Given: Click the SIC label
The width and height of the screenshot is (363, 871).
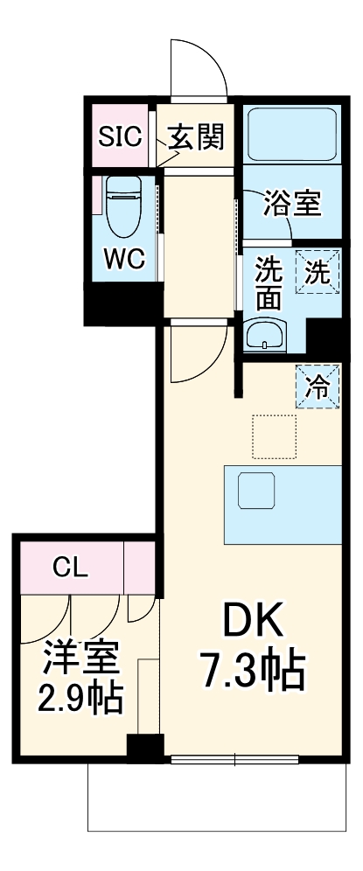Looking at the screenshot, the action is click(120, 136).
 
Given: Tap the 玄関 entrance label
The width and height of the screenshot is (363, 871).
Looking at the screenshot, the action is click(196, 136).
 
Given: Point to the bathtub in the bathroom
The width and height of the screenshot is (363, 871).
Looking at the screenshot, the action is click(292, 133).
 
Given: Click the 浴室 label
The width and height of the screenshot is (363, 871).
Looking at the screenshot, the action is click(292, 203).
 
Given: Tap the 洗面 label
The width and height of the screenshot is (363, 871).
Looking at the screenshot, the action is click(269, 284).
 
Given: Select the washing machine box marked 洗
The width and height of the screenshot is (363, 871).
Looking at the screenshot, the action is click(318, 272).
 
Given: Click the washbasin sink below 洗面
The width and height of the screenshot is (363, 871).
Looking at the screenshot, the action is click(265, 334).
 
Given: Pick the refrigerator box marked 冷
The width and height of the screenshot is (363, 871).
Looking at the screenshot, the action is click(318, 387).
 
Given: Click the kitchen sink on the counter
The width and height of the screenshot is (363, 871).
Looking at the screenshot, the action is click(256, 491).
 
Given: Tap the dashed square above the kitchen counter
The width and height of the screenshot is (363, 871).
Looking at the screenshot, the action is click(274, 436).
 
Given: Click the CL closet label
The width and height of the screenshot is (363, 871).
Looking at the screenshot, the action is click(71, 568).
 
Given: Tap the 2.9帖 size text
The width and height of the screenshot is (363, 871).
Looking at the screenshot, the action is click(80, 698).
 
